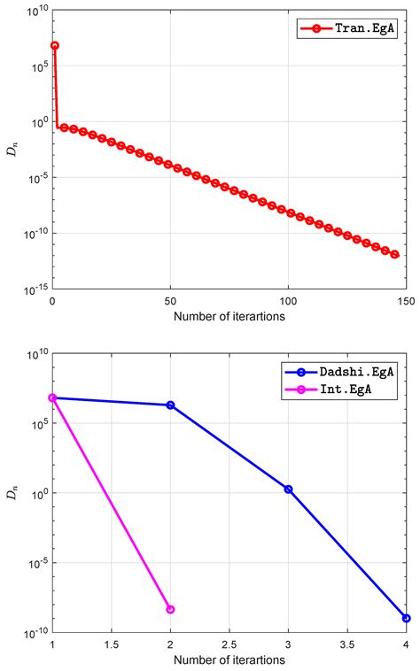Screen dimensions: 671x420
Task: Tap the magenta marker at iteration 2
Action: pos(170,609)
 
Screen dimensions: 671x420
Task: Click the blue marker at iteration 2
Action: pos(170,405)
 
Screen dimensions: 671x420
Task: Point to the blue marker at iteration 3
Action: pos(288,490)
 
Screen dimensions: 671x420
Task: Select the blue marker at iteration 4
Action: pos(406,618)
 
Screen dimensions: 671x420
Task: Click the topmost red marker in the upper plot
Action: pos(55,45)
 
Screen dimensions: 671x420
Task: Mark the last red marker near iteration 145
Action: pos(395,255)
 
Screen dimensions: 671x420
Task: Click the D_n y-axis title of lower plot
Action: pos(12,493)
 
